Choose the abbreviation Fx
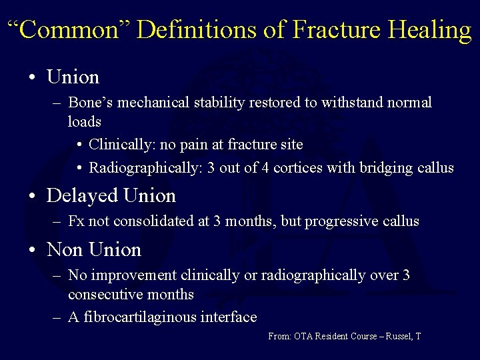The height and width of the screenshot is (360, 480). click(75, 221)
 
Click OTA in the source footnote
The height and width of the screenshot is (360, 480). click(302, 337)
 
